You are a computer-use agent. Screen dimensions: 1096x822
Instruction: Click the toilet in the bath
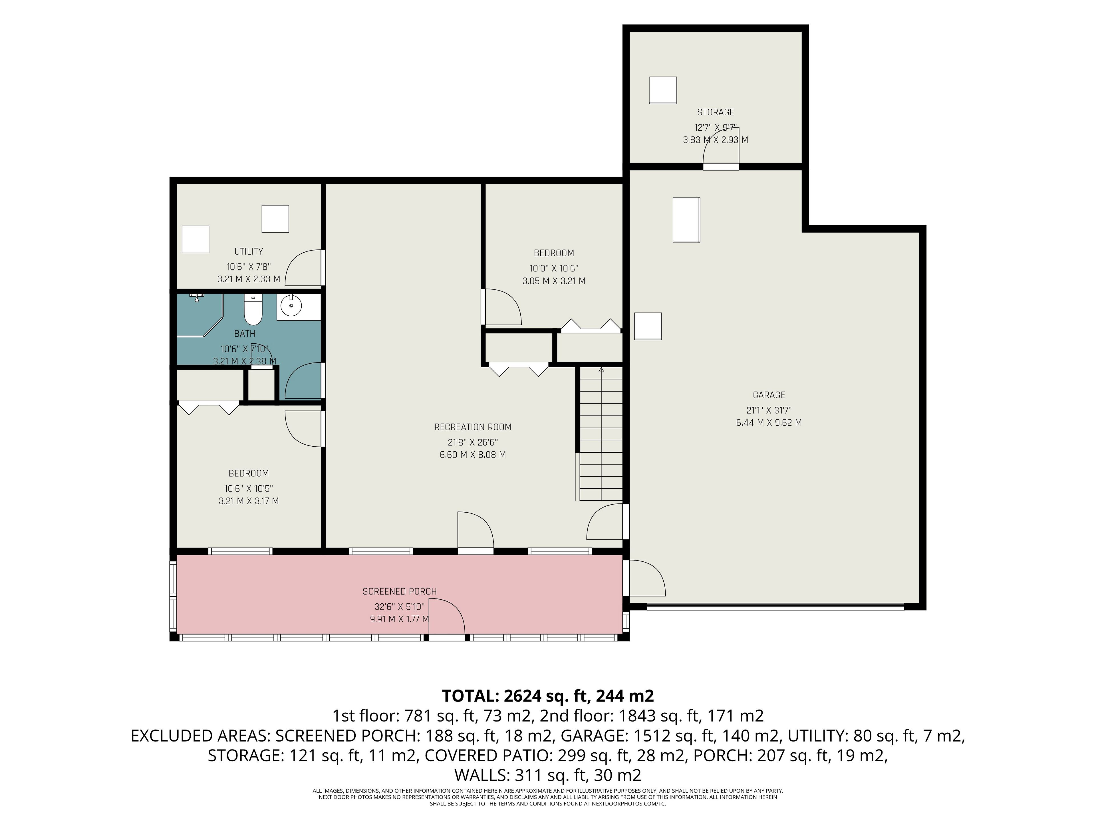(253, 310)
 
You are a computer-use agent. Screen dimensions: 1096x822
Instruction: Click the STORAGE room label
(716, 112)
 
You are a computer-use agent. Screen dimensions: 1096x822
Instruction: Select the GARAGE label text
(769, 395)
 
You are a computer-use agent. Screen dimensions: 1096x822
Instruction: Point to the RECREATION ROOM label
(473, 427)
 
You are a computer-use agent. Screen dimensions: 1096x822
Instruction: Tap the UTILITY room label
(249, 251)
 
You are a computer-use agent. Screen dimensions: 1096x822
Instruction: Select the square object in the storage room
(663, 90)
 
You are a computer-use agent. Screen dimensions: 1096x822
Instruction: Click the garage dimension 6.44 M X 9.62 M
(769, 423)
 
